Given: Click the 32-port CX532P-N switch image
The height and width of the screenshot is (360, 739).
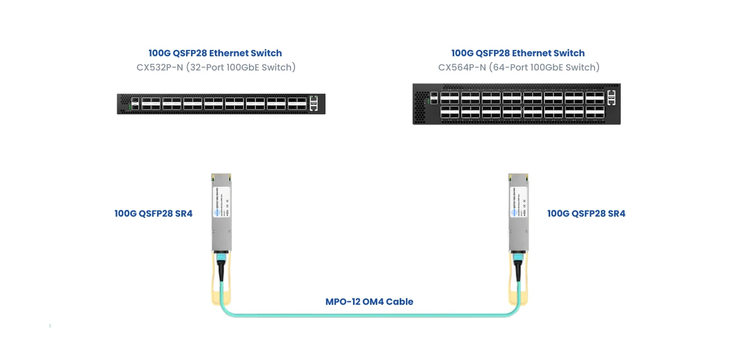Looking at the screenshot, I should (221, 104).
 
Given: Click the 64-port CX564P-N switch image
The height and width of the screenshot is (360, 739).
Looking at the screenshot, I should (516, 104).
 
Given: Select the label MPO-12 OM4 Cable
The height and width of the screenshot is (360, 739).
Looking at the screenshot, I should (369, 301).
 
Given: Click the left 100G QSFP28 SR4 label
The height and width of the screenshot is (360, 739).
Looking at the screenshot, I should (153, 214).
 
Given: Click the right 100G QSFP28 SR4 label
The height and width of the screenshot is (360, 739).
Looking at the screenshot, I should (586, 214).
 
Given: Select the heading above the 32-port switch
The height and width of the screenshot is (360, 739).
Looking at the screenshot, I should (215, 53).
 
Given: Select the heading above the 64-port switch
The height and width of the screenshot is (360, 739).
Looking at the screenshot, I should (518, 53).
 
